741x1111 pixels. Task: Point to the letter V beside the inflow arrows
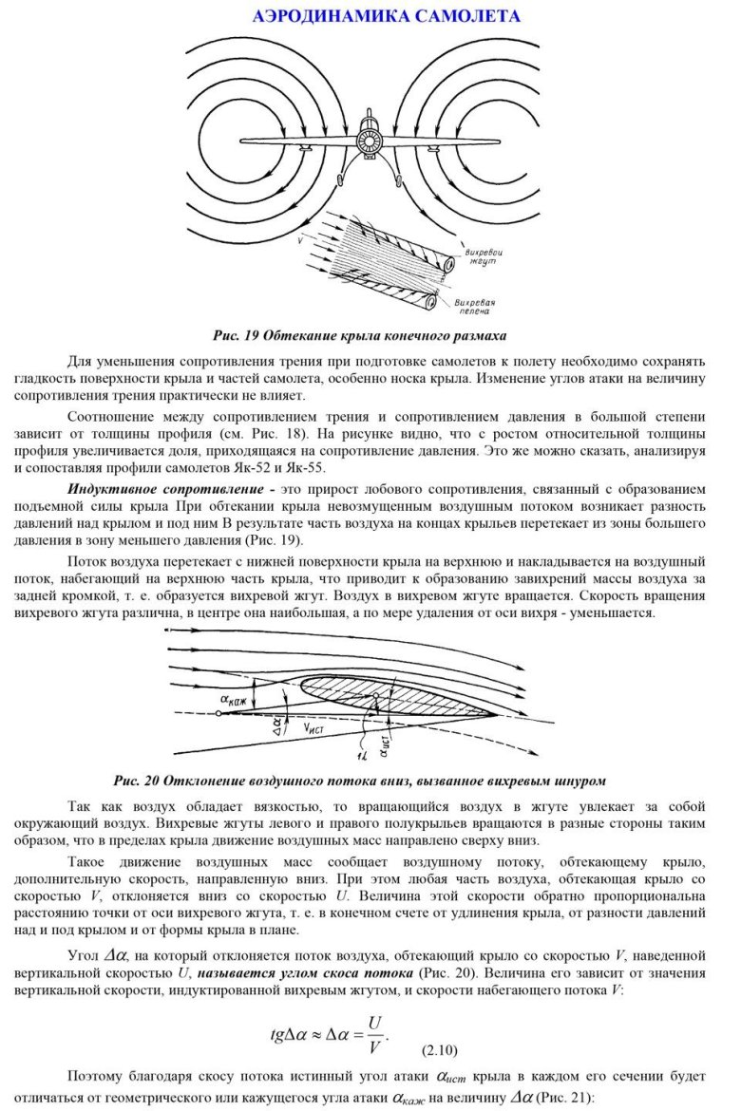[x=299, y=241]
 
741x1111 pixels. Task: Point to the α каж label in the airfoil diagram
[x=236, y=701]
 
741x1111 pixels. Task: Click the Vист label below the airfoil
[x=315, y=729]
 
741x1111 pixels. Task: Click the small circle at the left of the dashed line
[x=218, y=714]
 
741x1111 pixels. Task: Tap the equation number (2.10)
[x=438, y=1050]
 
